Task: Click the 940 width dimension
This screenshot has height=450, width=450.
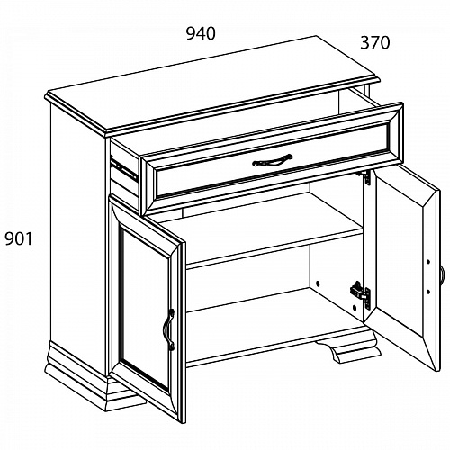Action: point(201,33)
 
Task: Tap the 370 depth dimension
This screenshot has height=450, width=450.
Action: point(375,42)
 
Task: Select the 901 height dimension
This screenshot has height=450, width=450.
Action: point(19,239)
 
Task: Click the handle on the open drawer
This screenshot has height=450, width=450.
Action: point(273,160)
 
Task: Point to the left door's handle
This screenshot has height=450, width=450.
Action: point(168,329)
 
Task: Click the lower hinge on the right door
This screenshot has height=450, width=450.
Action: point(361,295)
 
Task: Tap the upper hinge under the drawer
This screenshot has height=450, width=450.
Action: point(365,177)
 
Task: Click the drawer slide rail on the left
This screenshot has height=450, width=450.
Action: point(124,170)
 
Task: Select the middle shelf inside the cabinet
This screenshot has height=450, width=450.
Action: point(274,244)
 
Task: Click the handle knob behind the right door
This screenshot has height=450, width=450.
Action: point(444,274)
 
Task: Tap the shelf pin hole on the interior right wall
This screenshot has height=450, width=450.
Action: point(318,283)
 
